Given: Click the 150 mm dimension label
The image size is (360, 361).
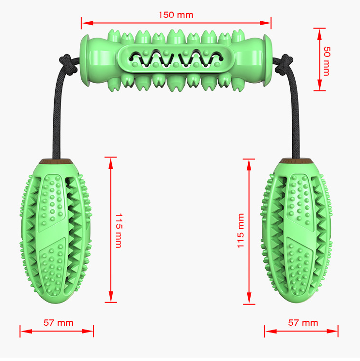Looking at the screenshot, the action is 176,15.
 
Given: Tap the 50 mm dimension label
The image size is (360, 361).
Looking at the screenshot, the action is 327,61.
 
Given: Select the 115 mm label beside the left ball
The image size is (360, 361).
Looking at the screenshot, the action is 119,231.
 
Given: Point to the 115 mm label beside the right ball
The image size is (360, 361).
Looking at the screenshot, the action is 240,231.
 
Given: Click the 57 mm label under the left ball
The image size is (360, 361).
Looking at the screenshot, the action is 59,322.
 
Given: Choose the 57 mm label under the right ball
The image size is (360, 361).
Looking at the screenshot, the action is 303,322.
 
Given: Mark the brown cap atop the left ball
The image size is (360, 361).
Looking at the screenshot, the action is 55,161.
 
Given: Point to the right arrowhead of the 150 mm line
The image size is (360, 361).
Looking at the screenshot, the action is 265,23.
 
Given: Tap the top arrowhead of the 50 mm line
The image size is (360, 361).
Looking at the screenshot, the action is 319,34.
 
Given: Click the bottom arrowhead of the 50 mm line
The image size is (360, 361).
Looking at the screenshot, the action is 319,85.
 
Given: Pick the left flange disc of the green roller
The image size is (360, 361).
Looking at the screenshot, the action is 84,60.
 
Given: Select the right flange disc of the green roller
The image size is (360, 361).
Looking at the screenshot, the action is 268,60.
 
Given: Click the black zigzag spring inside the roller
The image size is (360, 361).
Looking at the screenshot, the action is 176,59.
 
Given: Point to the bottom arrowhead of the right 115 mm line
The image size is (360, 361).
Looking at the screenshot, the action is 249,298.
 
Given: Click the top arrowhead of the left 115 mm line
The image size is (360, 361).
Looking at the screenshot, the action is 111,163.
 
